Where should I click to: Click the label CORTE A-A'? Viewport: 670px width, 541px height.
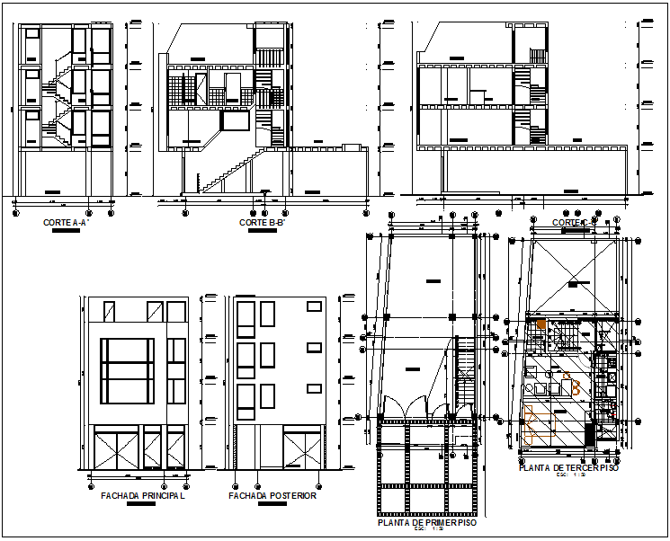point(64,222)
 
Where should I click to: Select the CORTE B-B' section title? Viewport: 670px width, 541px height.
point(263,223)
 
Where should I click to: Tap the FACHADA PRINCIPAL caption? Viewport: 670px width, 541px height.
point(143,495)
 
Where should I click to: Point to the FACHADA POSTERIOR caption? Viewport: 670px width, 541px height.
point(272,495)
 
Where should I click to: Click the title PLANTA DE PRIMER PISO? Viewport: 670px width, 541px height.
point(427,522)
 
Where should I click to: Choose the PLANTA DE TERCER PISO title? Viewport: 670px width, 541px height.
point(568,468)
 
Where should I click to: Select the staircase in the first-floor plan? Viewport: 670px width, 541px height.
point(466,377)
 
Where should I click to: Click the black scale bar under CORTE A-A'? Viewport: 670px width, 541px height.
point(65,231)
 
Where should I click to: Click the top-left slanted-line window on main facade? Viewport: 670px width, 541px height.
point(109,311)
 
